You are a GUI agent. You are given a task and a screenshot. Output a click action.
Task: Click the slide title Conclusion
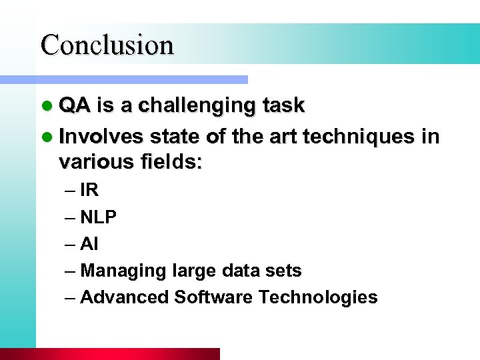pos(107,45)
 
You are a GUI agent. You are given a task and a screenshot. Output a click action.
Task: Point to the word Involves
pos(101,137)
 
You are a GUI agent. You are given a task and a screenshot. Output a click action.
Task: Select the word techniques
pos(359,137)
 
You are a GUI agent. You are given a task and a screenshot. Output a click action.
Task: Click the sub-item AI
pos(89,244)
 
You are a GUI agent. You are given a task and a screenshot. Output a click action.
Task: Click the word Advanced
pos(124,297)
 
